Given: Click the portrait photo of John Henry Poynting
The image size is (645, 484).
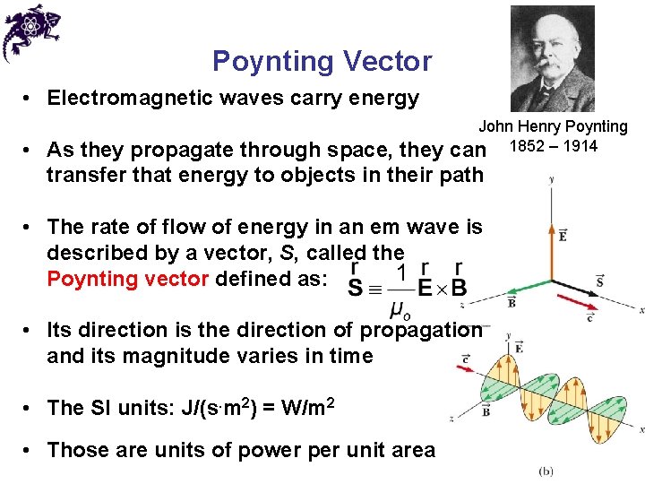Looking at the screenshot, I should click(x=552, y=58).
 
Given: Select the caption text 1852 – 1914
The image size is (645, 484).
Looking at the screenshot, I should click(x=553, y=146).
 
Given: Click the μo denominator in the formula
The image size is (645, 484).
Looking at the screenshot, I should click(x=402, y=310).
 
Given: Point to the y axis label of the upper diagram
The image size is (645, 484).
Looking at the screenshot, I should click(x=550, y=180).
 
